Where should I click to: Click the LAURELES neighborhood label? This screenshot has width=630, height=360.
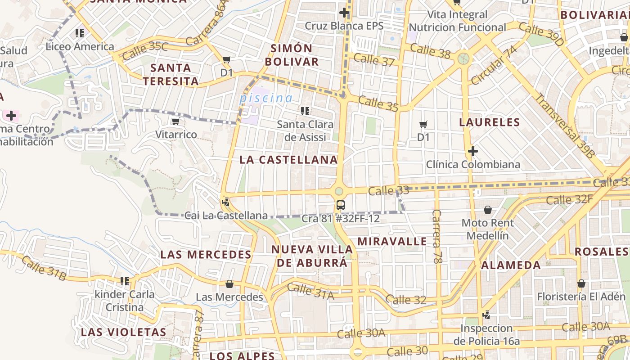pos(489,122)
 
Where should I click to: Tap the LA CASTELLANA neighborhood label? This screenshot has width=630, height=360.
pos(288,159)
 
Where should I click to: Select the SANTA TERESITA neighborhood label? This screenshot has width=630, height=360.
pos(171,74)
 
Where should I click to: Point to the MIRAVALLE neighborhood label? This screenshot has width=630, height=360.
pos(392,241)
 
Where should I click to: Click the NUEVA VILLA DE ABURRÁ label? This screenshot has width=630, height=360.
pos(312,256)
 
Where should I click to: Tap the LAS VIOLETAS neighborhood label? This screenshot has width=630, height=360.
pos(123,332)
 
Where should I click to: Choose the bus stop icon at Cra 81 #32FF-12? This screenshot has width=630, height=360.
pos(341,205)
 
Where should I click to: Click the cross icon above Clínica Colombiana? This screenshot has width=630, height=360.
pos(472,151)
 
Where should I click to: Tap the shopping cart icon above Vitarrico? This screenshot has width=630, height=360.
pos(175,121)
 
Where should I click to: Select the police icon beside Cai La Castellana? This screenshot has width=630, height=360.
pos(225,202)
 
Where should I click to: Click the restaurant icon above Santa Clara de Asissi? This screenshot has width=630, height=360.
pos(305,111)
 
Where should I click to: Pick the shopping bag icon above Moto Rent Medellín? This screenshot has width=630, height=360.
pos(487,210)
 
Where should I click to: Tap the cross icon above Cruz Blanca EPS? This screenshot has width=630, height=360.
pos(344,13)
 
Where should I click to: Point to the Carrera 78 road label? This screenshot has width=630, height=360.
pos(436,236)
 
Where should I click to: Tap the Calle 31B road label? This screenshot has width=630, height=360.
pos(44,268)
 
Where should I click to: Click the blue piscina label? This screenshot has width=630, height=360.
pos(266,98)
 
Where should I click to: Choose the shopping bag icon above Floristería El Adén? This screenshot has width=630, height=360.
pos(581,283)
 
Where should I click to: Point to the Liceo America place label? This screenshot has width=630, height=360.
pos(80,46)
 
